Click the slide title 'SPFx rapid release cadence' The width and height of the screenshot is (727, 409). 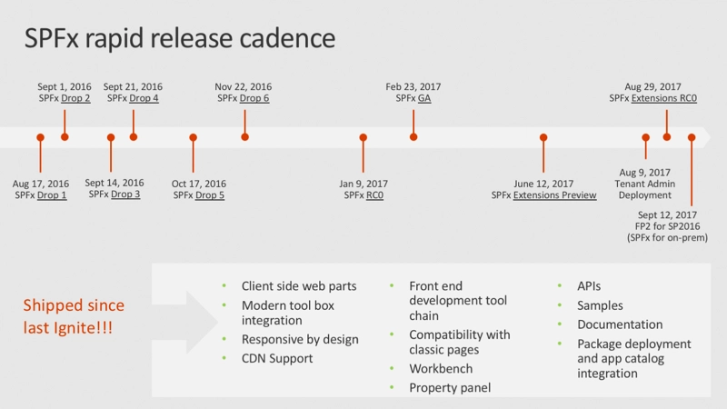coord(179,38)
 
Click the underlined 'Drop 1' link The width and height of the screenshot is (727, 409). coord(52,195)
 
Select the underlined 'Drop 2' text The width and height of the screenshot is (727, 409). coord(75,98)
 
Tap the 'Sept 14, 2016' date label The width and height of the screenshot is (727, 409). coord(115,183)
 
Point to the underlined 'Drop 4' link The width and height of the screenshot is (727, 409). coord(144,98)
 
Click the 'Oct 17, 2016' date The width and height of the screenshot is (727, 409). coord(199,184)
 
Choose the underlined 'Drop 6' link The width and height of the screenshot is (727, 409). coord(254,98)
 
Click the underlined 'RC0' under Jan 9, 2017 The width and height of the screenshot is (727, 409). coord(374,195)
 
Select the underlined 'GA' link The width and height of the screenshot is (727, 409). coord(424,98)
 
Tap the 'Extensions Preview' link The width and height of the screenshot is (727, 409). coord(554,195)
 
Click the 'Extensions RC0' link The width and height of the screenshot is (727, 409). coord(665,98)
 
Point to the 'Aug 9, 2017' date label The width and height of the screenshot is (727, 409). coord(644,173)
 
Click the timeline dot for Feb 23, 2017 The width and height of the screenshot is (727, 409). coord(413,137)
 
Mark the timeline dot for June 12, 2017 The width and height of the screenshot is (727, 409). coord(543,138)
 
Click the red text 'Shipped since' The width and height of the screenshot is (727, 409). coord(74,305)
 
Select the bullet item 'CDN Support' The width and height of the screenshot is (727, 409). coord(277,358)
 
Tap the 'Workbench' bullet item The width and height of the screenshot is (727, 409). coord(440,369)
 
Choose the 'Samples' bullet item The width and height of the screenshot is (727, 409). coord(600,305)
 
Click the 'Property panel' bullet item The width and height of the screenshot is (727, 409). coord(450,388)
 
